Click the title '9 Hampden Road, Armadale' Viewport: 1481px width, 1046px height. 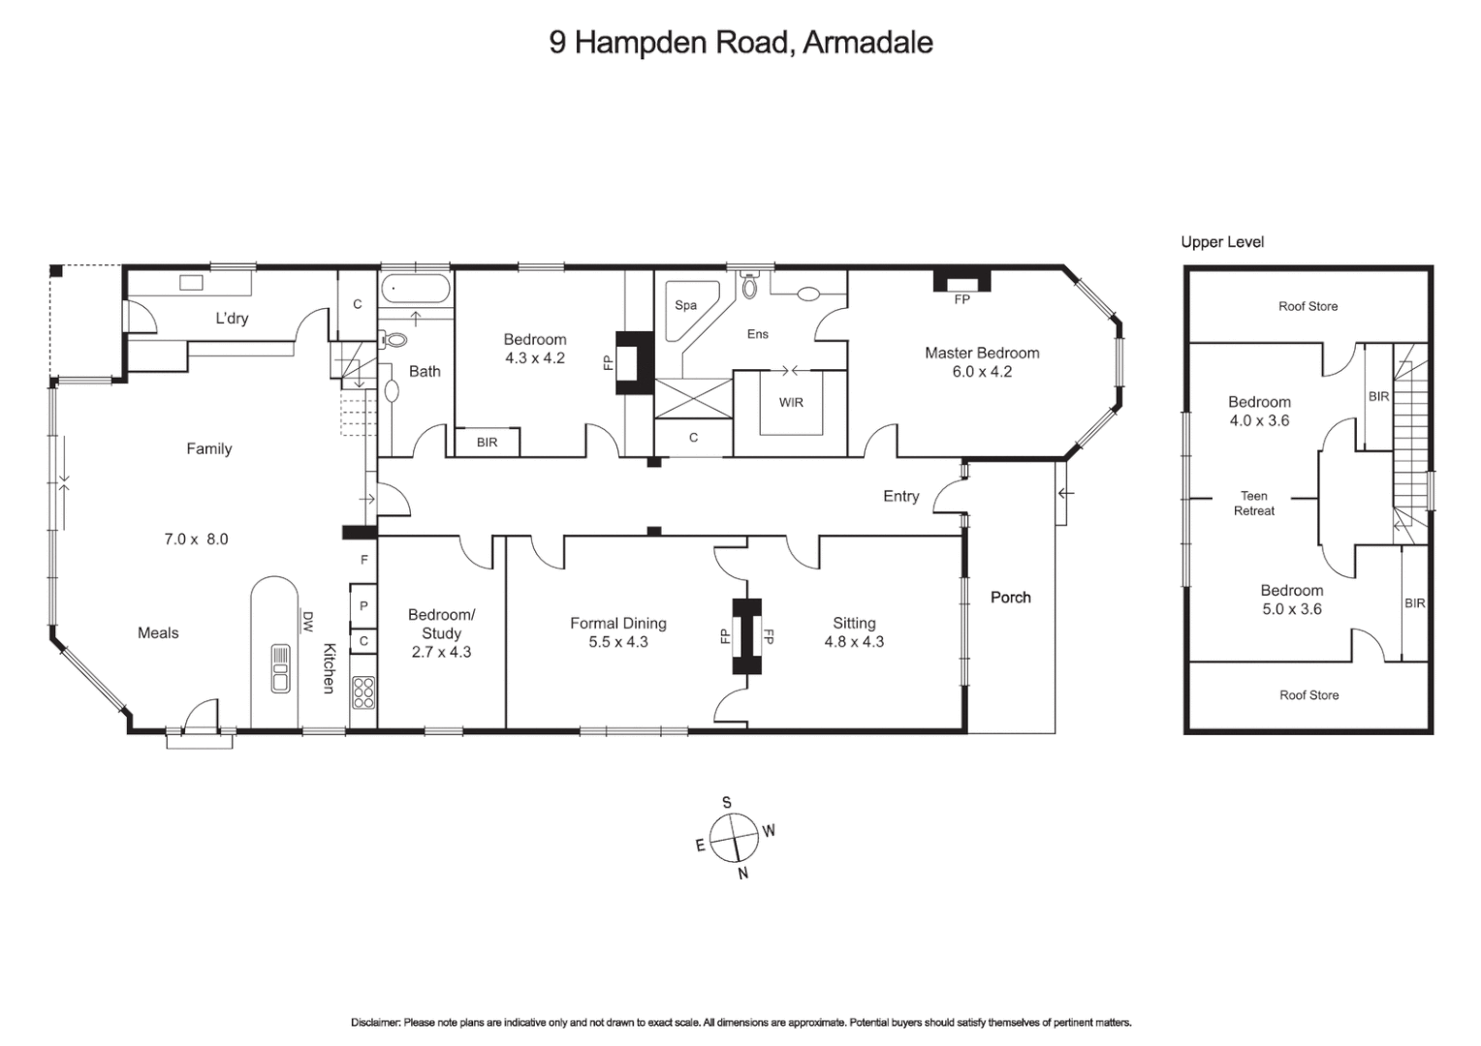tap(740, 43)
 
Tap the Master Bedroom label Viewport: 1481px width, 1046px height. tap(981, 353)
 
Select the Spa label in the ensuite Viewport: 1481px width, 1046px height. tap(685, 305)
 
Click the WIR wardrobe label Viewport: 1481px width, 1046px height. tap(791, 402)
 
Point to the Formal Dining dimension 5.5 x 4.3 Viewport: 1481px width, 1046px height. tap(618, 642)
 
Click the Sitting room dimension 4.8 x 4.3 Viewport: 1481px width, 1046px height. tap(854, 642)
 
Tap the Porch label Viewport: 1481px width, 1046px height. tap(1010, 598)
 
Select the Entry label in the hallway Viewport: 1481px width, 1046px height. tap(900, 496)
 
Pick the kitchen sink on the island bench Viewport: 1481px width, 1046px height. tap(280, 668)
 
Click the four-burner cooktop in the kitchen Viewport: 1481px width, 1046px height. tap(363, 692)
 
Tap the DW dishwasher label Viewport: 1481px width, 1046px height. tap(307, 621)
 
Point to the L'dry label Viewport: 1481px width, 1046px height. tap(232, 319)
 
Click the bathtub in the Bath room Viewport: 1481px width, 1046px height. tap(416, 290)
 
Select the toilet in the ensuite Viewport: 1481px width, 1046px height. tap(749, 288)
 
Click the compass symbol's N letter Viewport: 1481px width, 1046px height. tap(743, 874)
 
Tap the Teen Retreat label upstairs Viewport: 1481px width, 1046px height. tap(1253, 503)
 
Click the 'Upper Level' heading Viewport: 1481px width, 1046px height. tap(1221, 242)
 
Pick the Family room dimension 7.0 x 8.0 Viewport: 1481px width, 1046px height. tap(196, 539)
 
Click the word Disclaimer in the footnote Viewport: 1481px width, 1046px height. tap(374, 1023)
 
